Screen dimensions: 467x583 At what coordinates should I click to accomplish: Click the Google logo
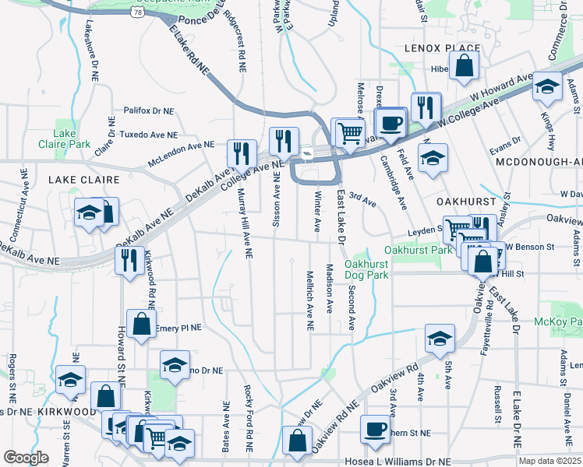coord(26,458)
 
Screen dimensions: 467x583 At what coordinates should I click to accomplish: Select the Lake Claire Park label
coord(64,139)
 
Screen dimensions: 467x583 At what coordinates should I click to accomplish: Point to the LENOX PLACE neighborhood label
coord(442,48)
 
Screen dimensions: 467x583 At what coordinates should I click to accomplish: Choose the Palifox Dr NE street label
coord(148,111)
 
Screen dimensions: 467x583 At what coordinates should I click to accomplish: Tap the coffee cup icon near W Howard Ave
coord(390,122)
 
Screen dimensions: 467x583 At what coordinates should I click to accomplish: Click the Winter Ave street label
coord(317,211)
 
